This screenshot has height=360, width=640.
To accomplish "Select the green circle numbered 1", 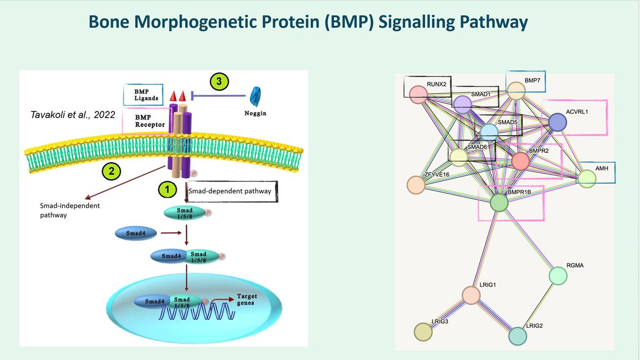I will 166,190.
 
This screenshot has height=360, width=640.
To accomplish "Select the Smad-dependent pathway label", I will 229,191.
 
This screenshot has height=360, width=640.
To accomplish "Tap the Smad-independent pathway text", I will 62,210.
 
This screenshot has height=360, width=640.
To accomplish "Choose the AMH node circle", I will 587,178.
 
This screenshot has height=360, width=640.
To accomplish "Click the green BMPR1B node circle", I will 499,203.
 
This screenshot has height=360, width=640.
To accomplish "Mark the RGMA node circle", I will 558,276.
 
